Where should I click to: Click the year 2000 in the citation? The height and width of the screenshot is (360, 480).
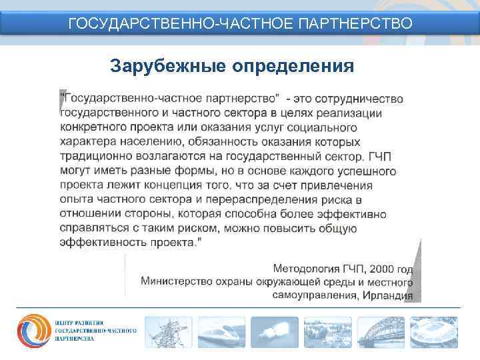click(x=379, y=270)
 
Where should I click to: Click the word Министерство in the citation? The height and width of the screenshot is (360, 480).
click(x=176, y=283)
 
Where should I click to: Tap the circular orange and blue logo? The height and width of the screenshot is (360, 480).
click(x=33, y=331)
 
